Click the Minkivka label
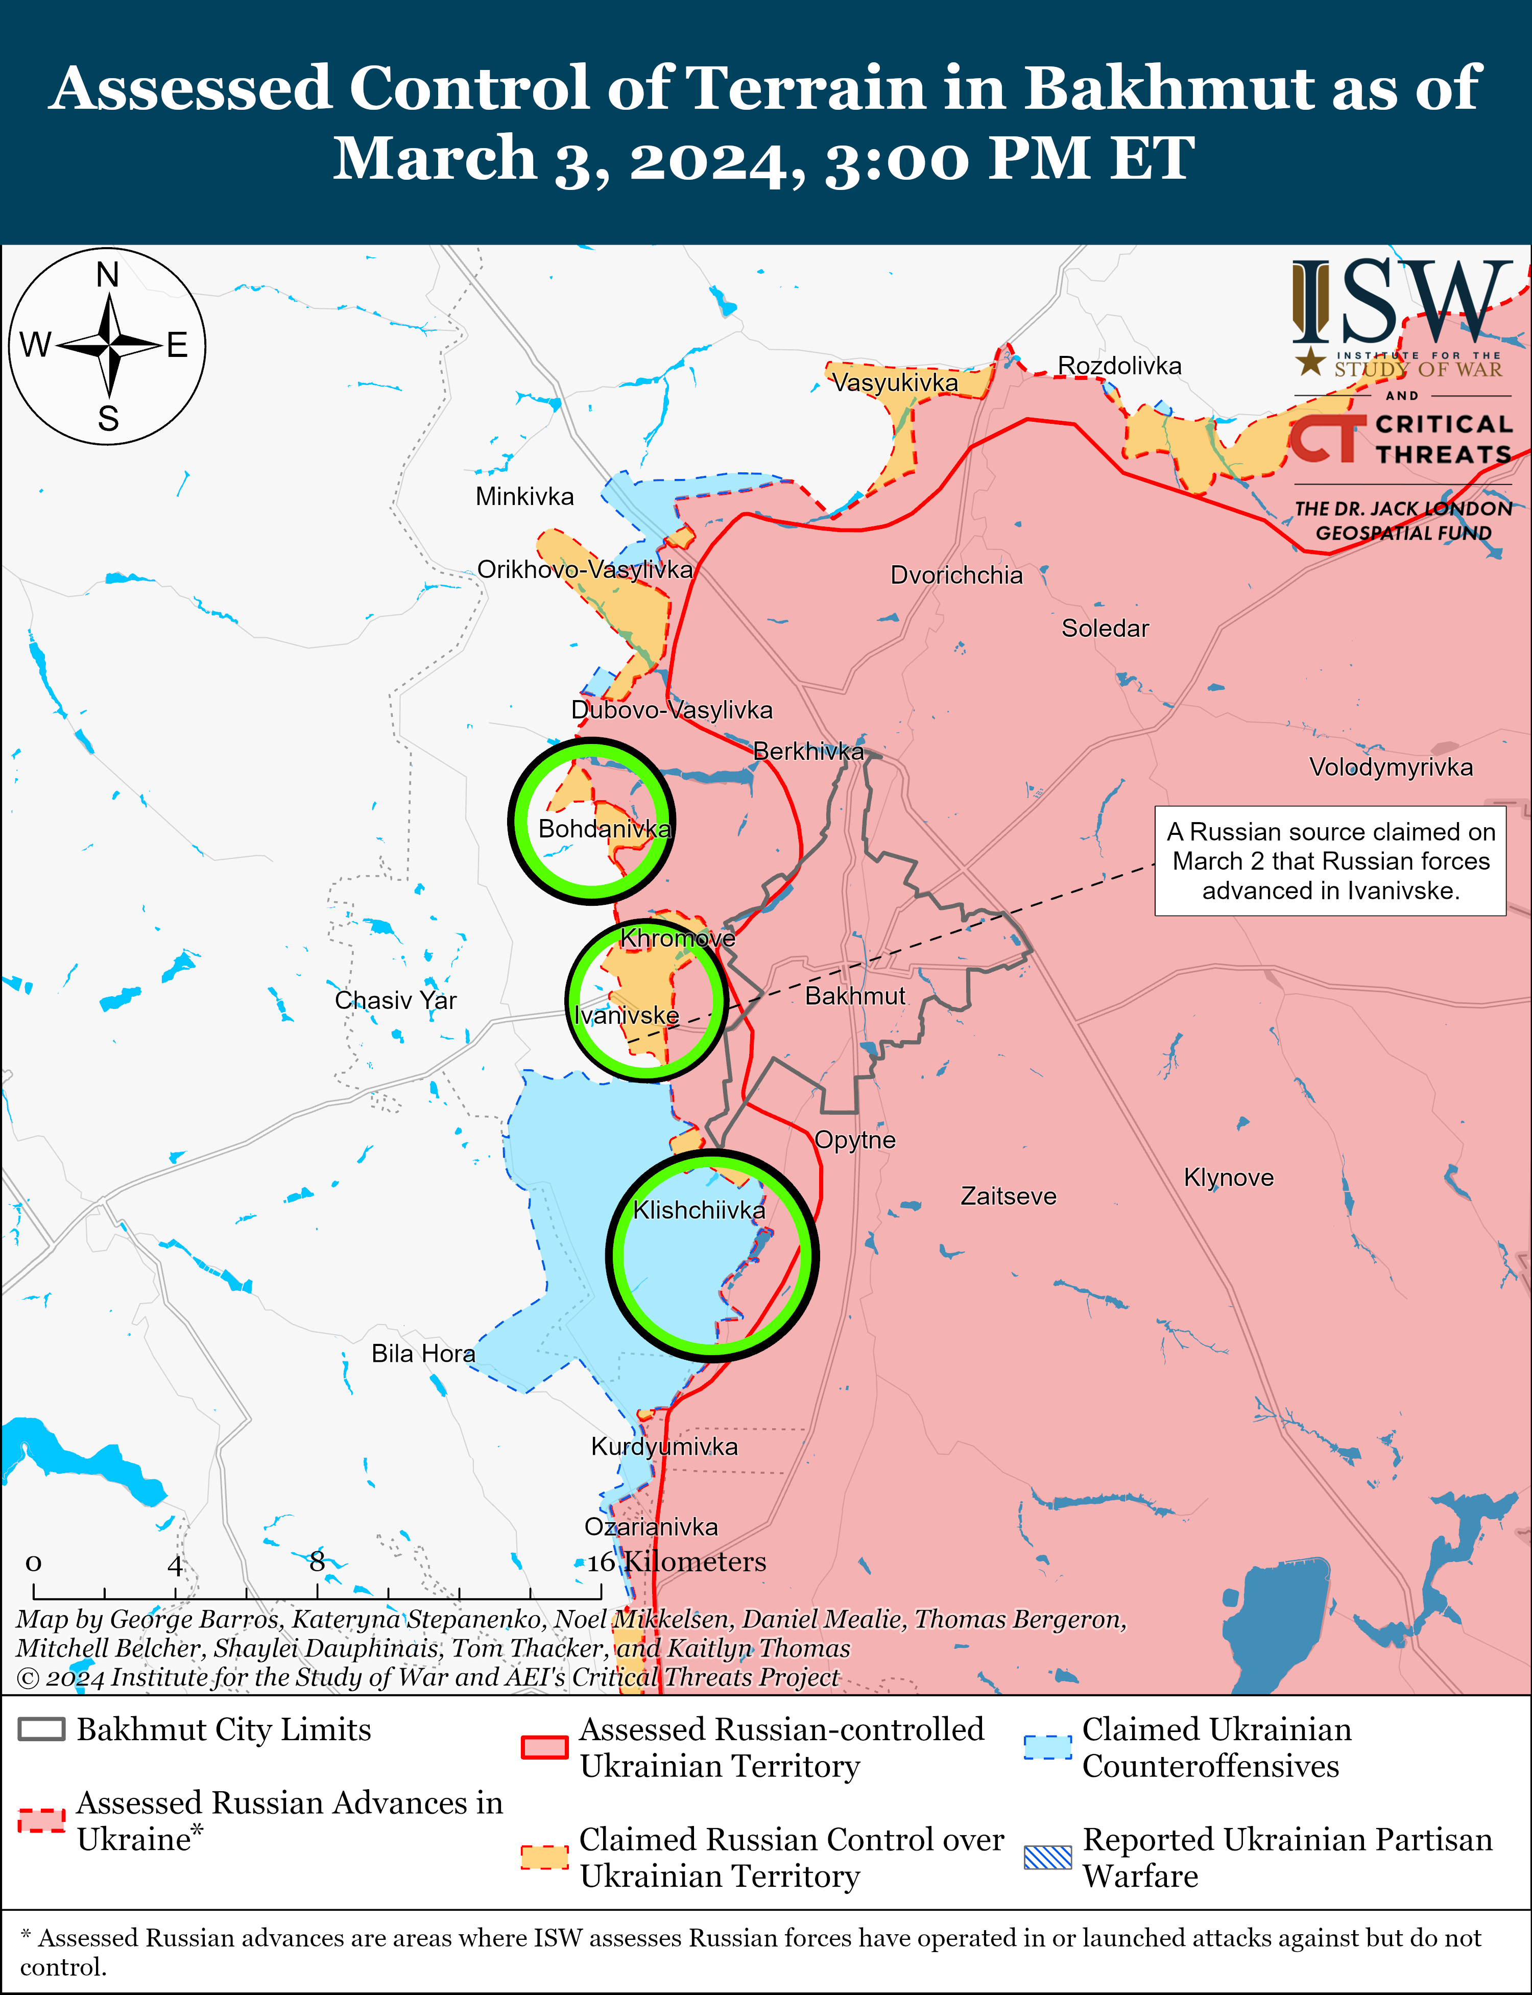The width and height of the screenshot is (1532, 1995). point(524,497)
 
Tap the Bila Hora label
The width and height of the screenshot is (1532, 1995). point(423,1353)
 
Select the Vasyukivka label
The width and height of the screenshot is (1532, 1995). point(895,383)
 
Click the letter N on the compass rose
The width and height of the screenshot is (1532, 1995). point(108,274)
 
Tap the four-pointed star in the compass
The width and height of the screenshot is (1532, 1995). point(108,347)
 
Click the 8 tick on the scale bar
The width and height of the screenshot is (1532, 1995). point(317,1562)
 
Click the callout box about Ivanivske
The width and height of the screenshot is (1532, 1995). point(1330,861)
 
